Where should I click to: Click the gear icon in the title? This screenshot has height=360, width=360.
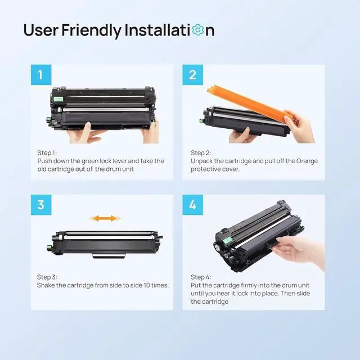click(x=198, y=30)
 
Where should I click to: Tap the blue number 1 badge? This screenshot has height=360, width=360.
click(x=41, y=75)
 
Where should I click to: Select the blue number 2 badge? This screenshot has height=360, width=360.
click(x=192, y=75)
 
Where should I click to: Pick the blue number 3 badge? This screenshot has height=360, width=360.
click(x=41, y=205)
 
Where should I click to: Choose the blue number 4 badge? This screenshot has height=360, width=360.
click(x=192, y=205)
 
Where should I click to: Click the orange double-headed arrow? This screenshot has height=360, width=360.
click(x=105, y=218)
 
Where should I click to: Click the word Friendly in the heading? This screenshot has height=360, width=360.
click(x=91, y=30)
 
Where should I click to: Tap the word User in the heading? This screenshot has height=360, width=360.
click(x=41, y=30)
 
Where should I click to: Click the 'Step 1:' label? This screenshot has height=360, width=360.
click(x=47, y=152)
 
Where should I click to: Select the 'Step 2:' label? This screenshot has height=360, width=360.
click(x=201, y=152)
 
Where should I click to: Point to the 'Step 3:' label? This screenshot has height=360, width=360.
click(x=47, y=277)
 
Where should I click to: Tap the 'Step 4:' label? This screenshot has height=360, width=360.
click(x=201, y=277)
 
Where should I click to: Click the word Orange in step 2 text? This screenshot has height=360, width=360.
click(x=307, y=161)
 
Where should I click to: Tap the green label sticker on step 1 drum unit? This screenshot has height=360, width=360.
click(x=58, y=99)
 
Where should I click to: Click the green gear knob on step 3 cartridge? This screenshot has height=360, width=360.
click(x=49, y=247)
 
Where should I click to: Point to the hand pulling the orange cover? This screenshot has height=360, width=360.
click(x=299, y=127)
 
